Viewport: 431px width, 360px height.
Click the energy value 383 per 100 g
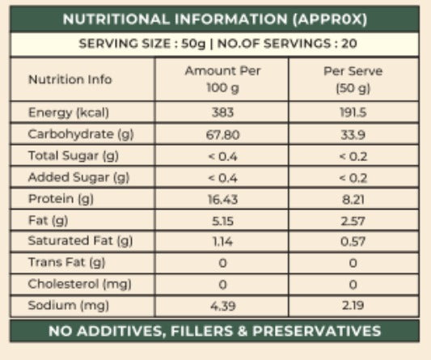click(x=222, y=112)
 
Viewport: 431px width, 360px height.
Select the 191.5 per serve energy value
click(x=353, y=112)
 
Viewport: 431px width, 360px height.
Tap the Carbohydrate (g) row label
click(x=81, y=134)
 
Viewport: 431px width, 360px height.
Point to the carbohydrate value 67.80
click(x=222, y=135)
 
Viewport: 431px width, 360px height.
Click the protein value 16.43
click(x=222, y=199)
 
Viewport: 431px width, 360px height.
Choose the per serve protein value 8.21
click(x=353, y=199)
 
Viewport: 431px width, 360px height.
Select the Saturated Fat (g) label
click(x=80, y=241)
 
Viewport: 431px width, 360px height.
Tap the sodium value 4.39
click(x=222, y=306)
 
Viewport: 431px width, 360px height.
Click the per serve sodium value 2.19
click(x=353, y=306)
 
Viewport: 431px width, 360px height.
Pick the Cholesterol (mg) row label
click(x=79, y=284)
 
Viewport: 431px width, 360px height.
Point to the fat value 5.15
click(x=222, y=221)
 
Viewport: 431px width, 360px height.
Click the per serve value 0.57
click(x=353, y=242)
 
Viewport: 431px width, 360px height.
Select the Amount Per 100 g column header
click(x=222, y=79)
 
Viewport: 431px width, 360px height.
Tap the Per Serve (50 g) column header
click(x=353, y=80)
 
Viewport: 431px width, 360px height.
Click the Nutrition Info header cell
click(x=70, y=79)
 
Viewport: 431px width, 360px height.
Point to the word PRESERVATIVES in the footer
click(x=317, y=331)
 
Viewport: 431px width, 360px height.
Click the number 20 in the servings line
click(x=349, y=44)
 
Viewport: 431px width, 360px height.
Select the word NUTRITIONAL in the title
click(x=116, y=19)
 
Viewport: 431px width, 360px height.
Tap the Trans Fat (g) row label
click(x=67, y=262)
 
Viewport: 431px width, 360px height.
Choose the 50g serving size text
click(x=193, y=44)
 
